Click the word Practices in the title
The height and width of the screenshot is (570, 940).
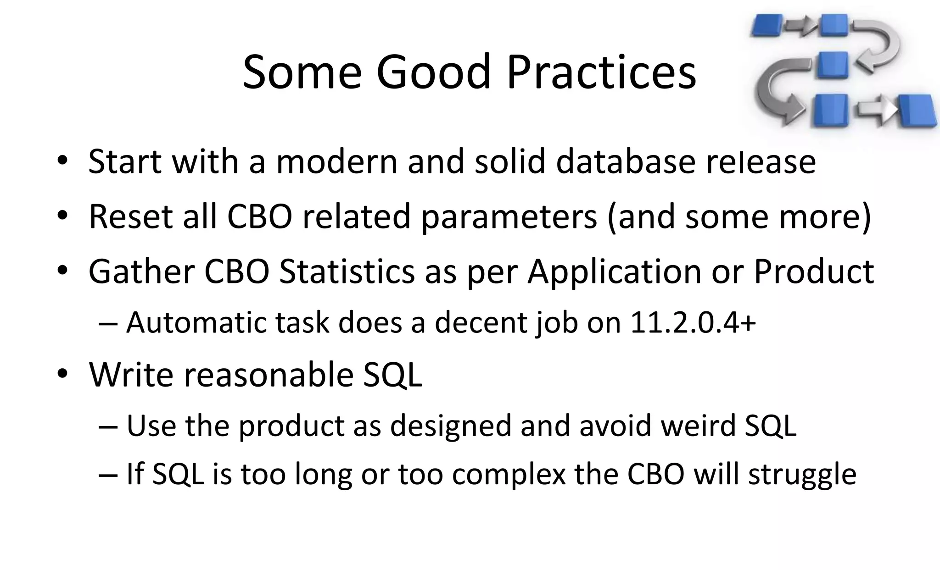click(601, 72)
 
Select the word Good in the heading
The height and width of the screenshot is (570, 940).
click(433, 72)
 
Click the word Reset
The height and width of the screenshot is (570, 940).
click(130, 216)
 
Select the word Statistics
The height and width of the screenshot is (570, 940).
click(347, 271)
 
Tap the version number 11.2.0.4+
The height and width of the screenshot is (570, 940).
click(693, 323)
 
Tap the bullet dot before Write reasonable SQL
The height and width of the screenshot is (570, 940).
click(62, 374)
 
